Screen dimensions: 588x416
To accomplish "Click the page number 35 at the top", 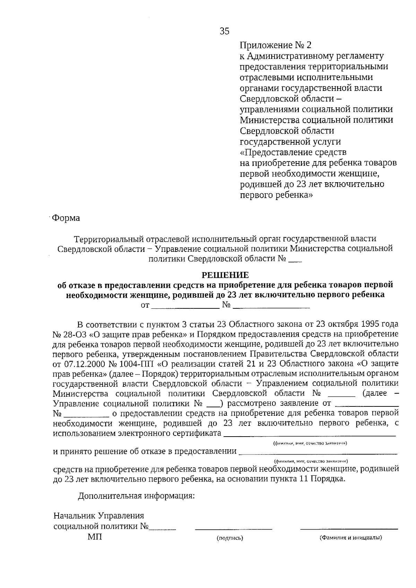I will (224, 32).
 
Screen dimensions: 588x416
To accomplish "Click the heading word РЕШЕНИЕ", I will (225, 275).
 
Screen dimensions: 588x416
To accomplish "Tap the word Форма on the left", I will (66, 218).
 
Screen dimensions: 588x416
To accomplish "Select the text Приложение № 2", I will (276, 45).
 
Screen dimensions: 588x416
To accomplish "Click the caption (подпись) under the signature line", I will (230, 538).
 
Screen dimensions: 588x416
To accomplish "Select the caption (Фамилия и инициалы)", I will (350, 538).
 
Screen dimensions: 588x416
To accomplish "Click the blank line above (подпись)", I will (233, 529).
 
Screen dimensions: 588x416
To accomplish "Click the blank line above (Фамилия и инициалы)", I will (349, 529).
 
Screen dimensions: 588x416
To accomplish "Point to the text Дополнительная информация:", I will (136, 496).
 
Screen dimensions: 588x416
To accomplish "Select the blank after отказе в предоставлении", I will (318, 453).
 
